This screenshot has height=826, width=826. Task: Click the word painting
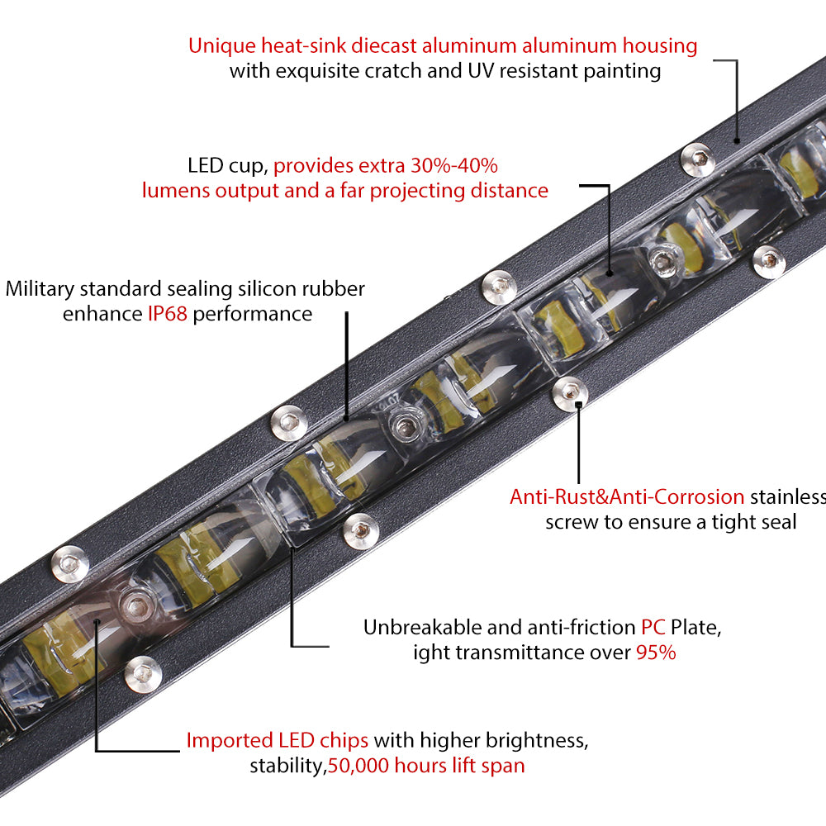pyautogui.click(x=620, y=71)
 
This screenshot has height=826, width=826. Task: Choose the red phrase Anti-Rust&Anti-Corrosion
pyautogui.click(x=627, y=496)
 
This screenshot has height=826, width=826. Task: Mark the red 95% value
pyautogui.click(x=656, y=653)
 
